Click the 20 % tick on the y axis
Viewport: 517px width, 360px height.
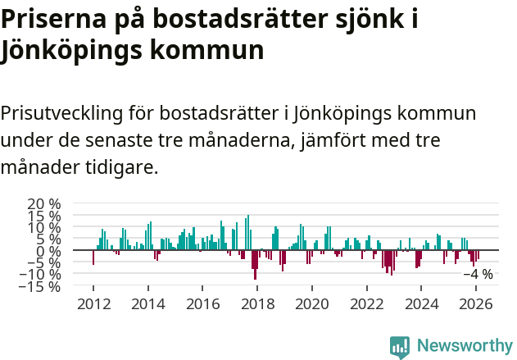(x=44, y=204)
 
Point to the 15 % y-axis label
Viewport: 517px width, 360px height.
(x=44, y=216)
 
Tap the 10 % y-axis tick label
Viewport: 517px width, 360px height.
(x=44, y=227)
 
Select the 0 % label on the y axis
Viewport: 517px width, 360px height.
(x=49, y=251)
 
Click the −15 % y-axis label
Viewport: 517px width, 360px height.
(x=41, y=286)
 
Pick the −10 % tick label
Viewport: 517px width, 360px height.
(x=41, y=275)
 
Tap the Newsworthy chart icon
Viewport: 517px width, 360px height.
(x=400, y=346)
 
